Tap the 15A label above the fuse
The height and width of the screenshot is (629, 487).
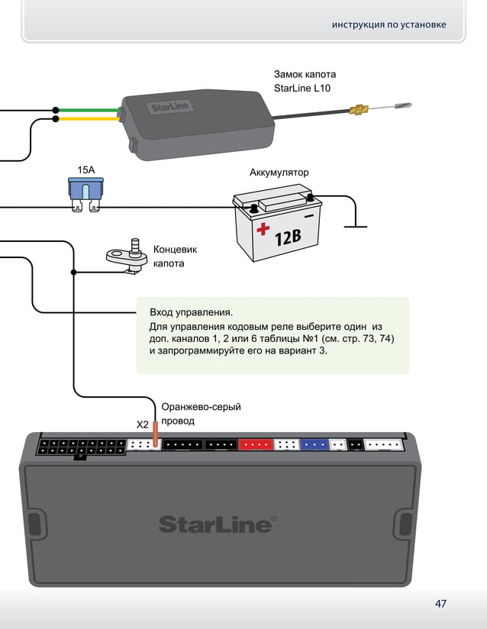click(x=87, y=169)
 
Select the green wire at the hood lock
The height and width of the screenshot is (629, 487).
click(x=88, y=110)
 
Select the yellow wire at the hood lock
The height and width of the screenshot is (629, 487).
click(x=88, y=119)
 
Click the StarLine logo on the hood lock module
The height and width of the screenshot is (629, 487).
click(x=169, y=107)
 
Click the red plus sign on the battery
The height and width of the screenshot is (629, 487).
click(x=263, y=228)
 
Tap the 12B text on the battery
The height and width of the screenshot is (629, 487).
click(x=288, y=238)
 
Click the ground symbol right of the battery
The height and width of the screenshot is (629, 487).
click(x=355, y=226)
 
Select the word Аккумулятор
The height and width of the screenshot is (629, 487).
click(x=279, y=173)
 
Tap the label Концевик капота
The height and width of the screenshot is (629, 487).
click(x=175, y=256)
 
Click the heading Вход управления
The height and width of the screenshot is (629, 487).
click(x=191, y=312)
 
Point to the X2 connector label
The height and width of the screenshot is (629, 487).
click(x=142, y=424)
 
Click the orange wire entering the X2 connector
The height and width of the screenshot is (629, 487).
click(x=155, y=434)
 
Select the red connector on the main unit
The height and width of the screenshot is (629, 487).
click(x=255, y=444)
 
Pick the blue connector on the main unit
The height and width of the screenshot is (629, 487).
click(x=313, y=444)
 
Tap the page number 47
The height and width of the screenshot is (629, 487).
click(x=440, y=604)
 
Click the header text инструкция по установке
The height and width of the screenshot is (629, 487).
click(x=389, y=25)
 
